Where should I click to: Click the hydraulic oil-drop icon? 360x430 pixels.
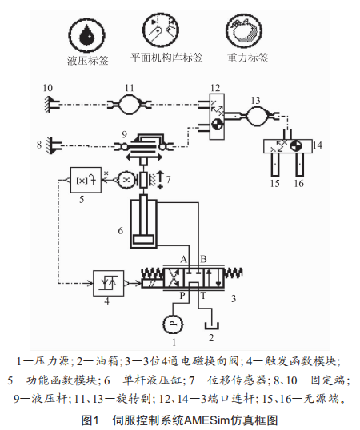click(86, 35)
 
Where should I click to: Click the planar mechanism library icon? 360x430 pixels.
click(161, 30)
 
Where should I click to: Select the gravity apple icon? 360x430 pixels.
click(244, 30)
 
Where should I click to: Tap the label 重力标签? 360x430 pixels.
click(247, 58)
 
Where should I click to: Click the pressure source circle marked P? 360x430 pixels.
click(173, 324)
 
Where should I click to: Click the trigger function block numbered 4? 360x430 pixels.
click(108, 283)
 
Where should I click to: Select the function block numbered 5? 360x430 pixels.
click(86, 180)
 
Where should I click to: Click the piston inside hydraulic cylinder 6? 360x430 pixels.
click(143, 240)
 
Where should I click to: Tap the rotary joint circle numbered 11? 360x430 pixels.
click(130, 104)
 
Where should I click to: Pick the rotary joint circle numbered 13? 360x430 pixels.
click(257, 116)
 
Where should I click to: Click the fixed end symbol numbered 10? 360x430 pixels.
click(52, 105)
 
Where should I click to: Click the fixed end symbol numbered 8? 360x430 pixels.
click(54, 145)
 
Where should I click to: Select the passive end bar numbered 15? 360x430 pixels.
click(275, 165)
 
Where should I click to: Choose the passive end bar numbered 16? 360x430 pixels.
click(300, 165)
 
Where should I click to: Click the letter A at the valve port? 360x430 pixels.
click(183, 259)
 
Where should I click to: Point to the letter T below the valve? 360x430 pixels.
click(203, 296)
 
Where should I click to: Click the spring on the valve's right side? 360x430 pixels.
click(234, 273)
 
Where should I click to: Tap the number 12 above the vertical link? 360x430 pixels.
click(215, 88)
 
